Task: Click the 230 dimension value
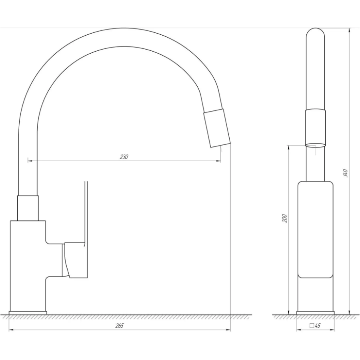coord(124,157)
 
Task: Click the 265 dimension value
coord(119,326)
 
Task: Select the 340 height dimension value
coord(345,173)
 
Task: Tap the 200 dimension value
coord(284,218)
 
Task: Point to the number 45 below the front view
coord(318,326)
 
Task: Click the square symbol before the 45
coord(312,326)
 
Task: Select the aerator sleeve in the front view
coord(315,128)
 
